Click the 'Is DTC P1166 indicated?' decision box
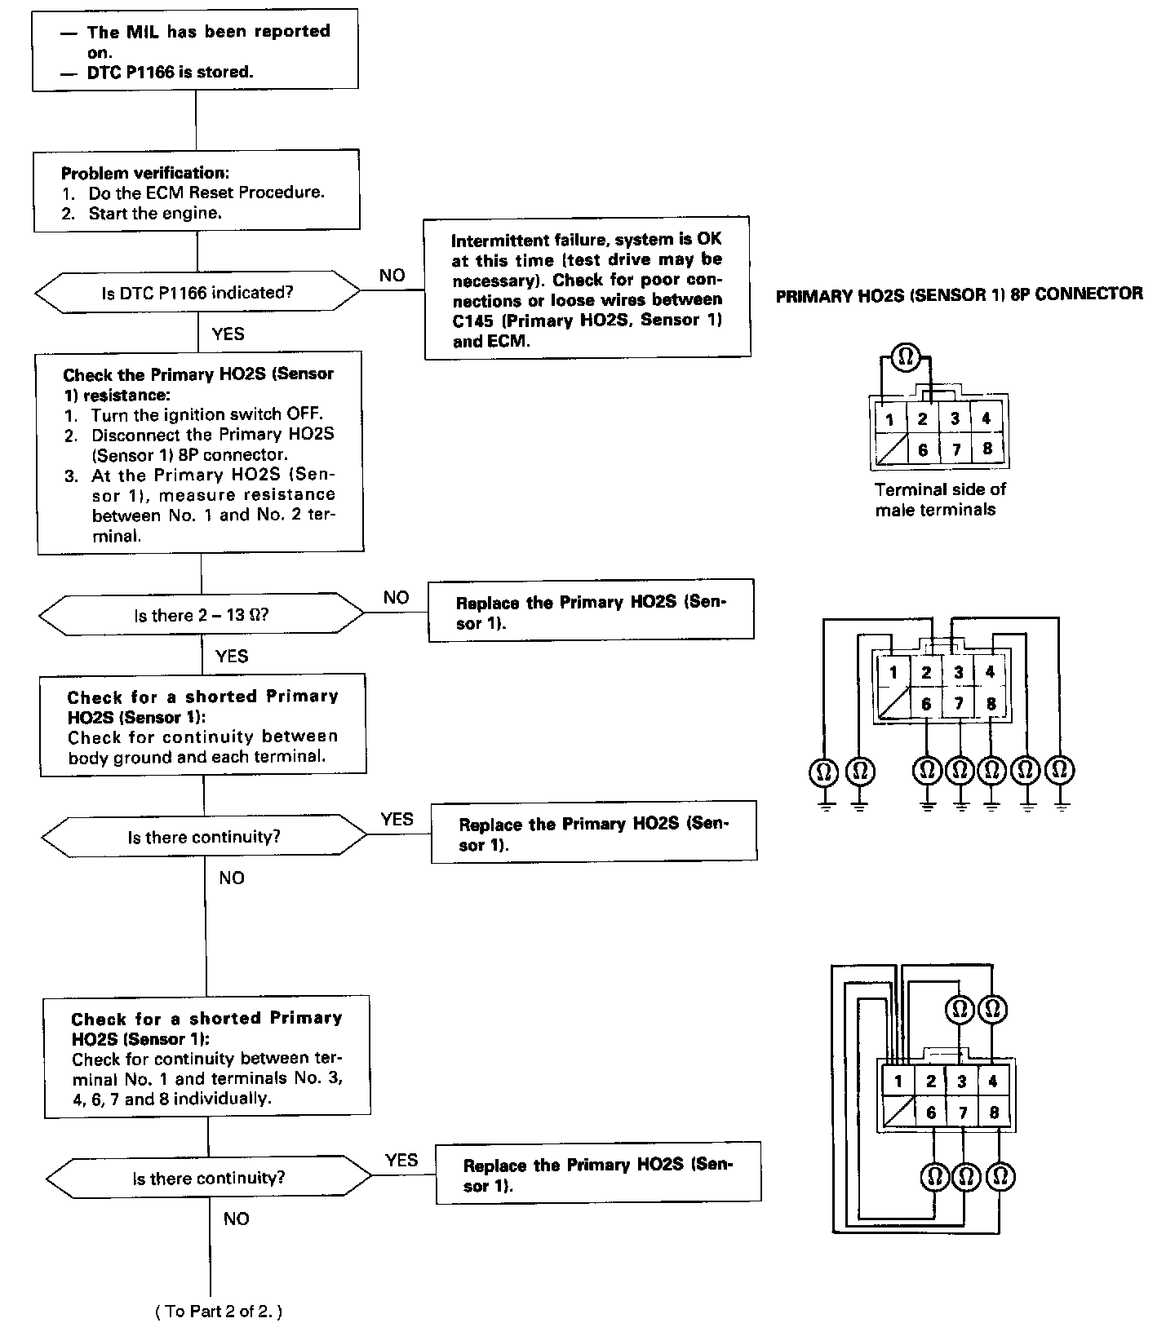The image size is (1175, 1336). (197, 293)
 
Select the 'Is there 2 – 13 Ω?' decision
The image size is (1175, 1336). (202, 615)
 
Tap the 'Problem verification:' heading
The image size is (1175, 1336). (144, 173)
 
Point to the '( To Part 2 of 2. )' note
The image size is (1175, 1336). (218, 1312)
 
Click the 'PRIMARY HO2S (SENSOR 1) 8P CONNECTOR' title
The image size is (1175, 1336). (959, 294)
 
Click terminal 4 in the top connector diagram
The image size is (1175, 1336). (986, 418)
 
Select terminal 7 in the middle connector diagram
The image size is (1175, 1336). (959, 703)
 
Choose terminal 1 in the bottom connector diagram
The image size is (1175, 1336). (898, 1082)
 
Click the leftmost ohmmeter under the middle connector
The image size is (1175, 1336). (824, 770)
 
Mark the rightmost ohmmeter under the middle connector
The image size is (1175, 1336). (1060, 769)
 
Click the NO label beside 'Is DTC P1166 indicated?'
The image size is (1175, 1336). (392, 276)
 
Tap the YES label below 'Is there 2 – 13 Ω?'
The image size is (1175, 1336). (232, 656)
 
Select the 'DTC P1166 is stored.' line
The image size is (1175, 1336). (171, 72)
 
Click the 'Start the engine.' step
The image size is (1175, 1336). (154, 213)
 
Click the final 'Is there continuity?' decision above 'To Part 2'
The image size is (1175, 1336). (209, 1178)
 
